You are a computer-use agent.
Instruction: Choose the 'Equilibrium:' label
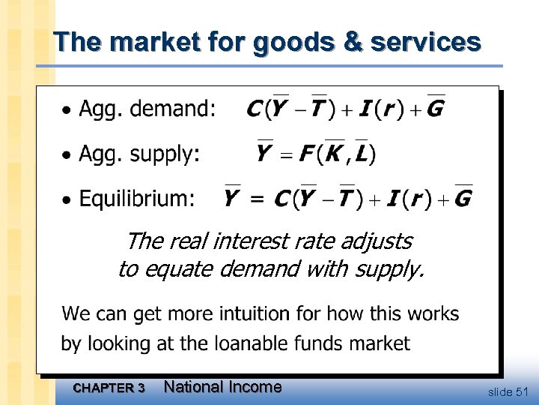pos(137,199)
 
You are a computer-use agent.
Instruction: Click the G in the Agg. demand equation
pos(433,109)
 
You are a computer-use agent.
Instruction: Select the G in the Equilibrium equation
pos(463,199)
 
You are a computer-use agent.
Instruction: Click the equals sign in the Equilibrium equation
pos(256,199)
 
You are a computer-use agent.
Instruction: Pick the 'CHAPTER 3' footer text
pos(110,388)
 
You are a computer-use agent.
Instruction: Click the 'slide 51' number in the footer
pos(508,391)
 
